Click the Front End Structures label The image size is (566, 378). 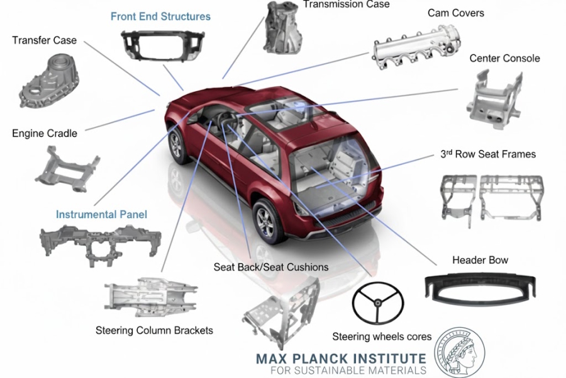160,16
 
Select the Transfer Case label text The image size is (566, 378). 45,40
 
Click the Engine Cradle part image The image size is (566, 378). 67,170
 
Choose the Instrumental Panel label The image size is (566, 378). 101,214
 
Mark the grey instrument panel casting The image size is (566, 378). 100,243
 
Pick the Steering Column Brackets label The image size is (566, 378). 154,330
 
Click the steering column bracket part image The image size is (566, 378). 151,296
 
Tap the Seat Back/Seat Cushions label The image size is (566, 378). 270,267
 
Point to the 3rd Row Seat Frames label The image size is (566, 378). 488,154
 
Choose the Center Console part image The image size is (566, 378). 495,99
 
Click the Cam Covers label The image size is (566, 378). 455,13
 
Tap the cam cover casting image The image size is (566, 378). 415,48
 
